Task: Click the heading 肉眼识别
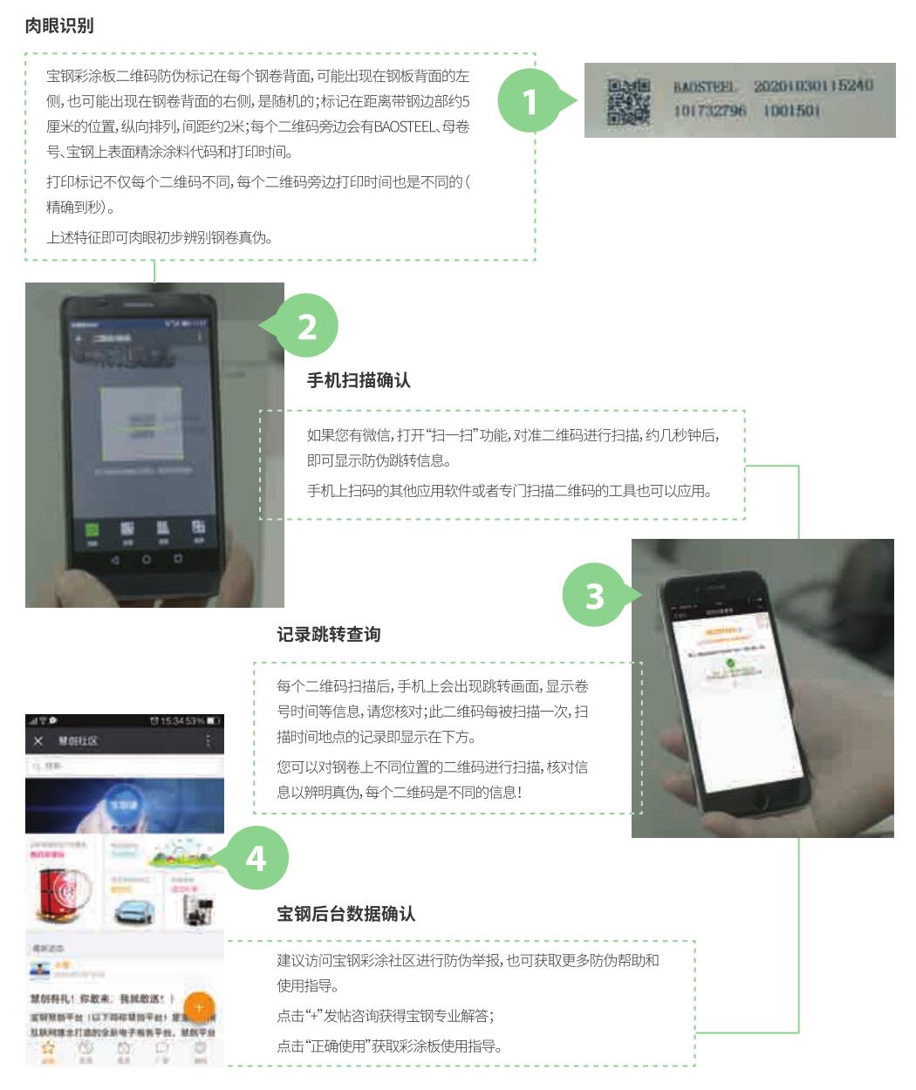click(59, 25)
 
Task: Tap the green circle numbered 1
click(529, 103)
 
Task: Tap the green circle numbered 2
click(307, 326)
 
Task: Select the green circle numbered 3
click(594, 596)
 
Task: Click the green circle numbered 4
click(256, 858)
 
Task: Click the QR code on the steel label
click(628, 102)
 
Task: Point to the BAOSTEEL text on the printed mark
click(705, 87)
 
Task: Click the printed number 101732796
click(709, 112)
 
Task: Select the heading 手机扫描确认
click(359, 380)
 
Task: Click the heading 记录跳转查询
click(329, 634)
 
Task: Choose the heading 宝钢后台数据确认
click(346, 913)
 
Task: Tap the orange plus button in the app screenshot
click(199, 1007)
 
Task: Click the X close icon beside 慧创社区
click(38, 740)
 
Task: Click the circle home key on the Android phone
click(147, 559)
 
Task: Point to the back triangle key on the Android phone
click(114, 559)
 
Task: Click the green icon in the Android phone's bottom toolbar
click(92, 528)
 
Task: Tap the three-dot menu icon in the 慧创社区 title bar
click(208, 740)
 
